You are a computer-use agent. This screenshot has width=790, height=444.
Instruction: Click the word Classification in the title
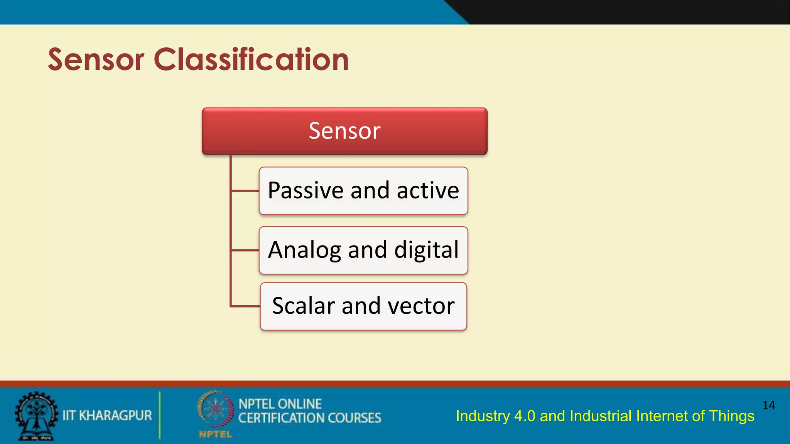coord(251,60)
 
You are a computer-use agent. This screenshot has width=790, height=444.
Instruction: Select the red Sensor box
coord(344,131)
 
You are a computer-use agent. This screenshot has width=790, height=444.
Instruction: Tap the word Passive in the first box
coord(306,190)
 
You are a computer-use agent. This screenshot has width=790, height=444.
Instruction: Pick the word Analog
coord(305,250)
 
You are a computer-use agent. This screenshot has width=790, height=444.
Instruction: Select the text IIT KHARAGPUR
coord(107,415)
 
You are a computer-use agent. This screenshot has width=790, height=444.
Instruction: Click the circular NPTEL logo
coord(215,409)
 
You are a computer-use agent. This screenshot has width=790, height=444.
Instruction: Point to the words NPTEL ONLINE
coord(280,404)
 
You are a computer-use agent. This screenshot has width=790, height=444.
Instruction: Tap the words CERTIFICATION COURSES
coord(309,418)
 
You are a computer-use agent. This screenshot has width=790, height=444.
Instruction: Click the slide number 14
coord(768,405)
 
